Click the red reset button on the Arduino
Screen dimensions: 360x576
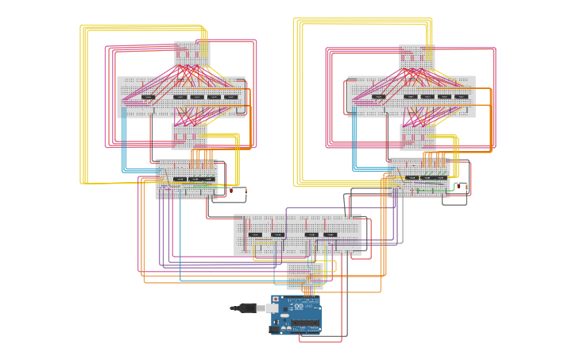tap(276, 300)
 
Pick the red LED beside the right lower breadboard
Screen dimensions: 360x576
tap(458, 186)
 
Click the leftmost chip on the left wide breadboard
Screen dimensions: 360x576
tap(149, 97)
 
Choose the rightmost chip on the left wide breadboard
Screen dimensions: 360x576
tap(231, 97)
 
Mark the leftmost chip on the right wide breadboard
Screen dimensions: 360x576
tap(379, 97)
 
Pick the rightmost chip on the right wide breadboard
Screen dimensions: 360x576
tap(462, 97)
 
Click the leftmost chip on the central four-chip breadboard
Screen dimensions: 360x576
tap(255, 234)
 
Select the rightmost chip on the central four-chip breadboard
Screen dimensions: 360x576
tap(331, 234)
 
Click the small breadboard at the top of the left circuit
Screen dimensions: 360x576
tap(191, 55)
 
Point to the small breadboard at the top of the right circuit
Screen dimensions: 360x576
tap(416, 57)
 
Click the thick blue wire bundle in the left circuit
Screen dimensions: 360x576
tap(124, 147)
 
